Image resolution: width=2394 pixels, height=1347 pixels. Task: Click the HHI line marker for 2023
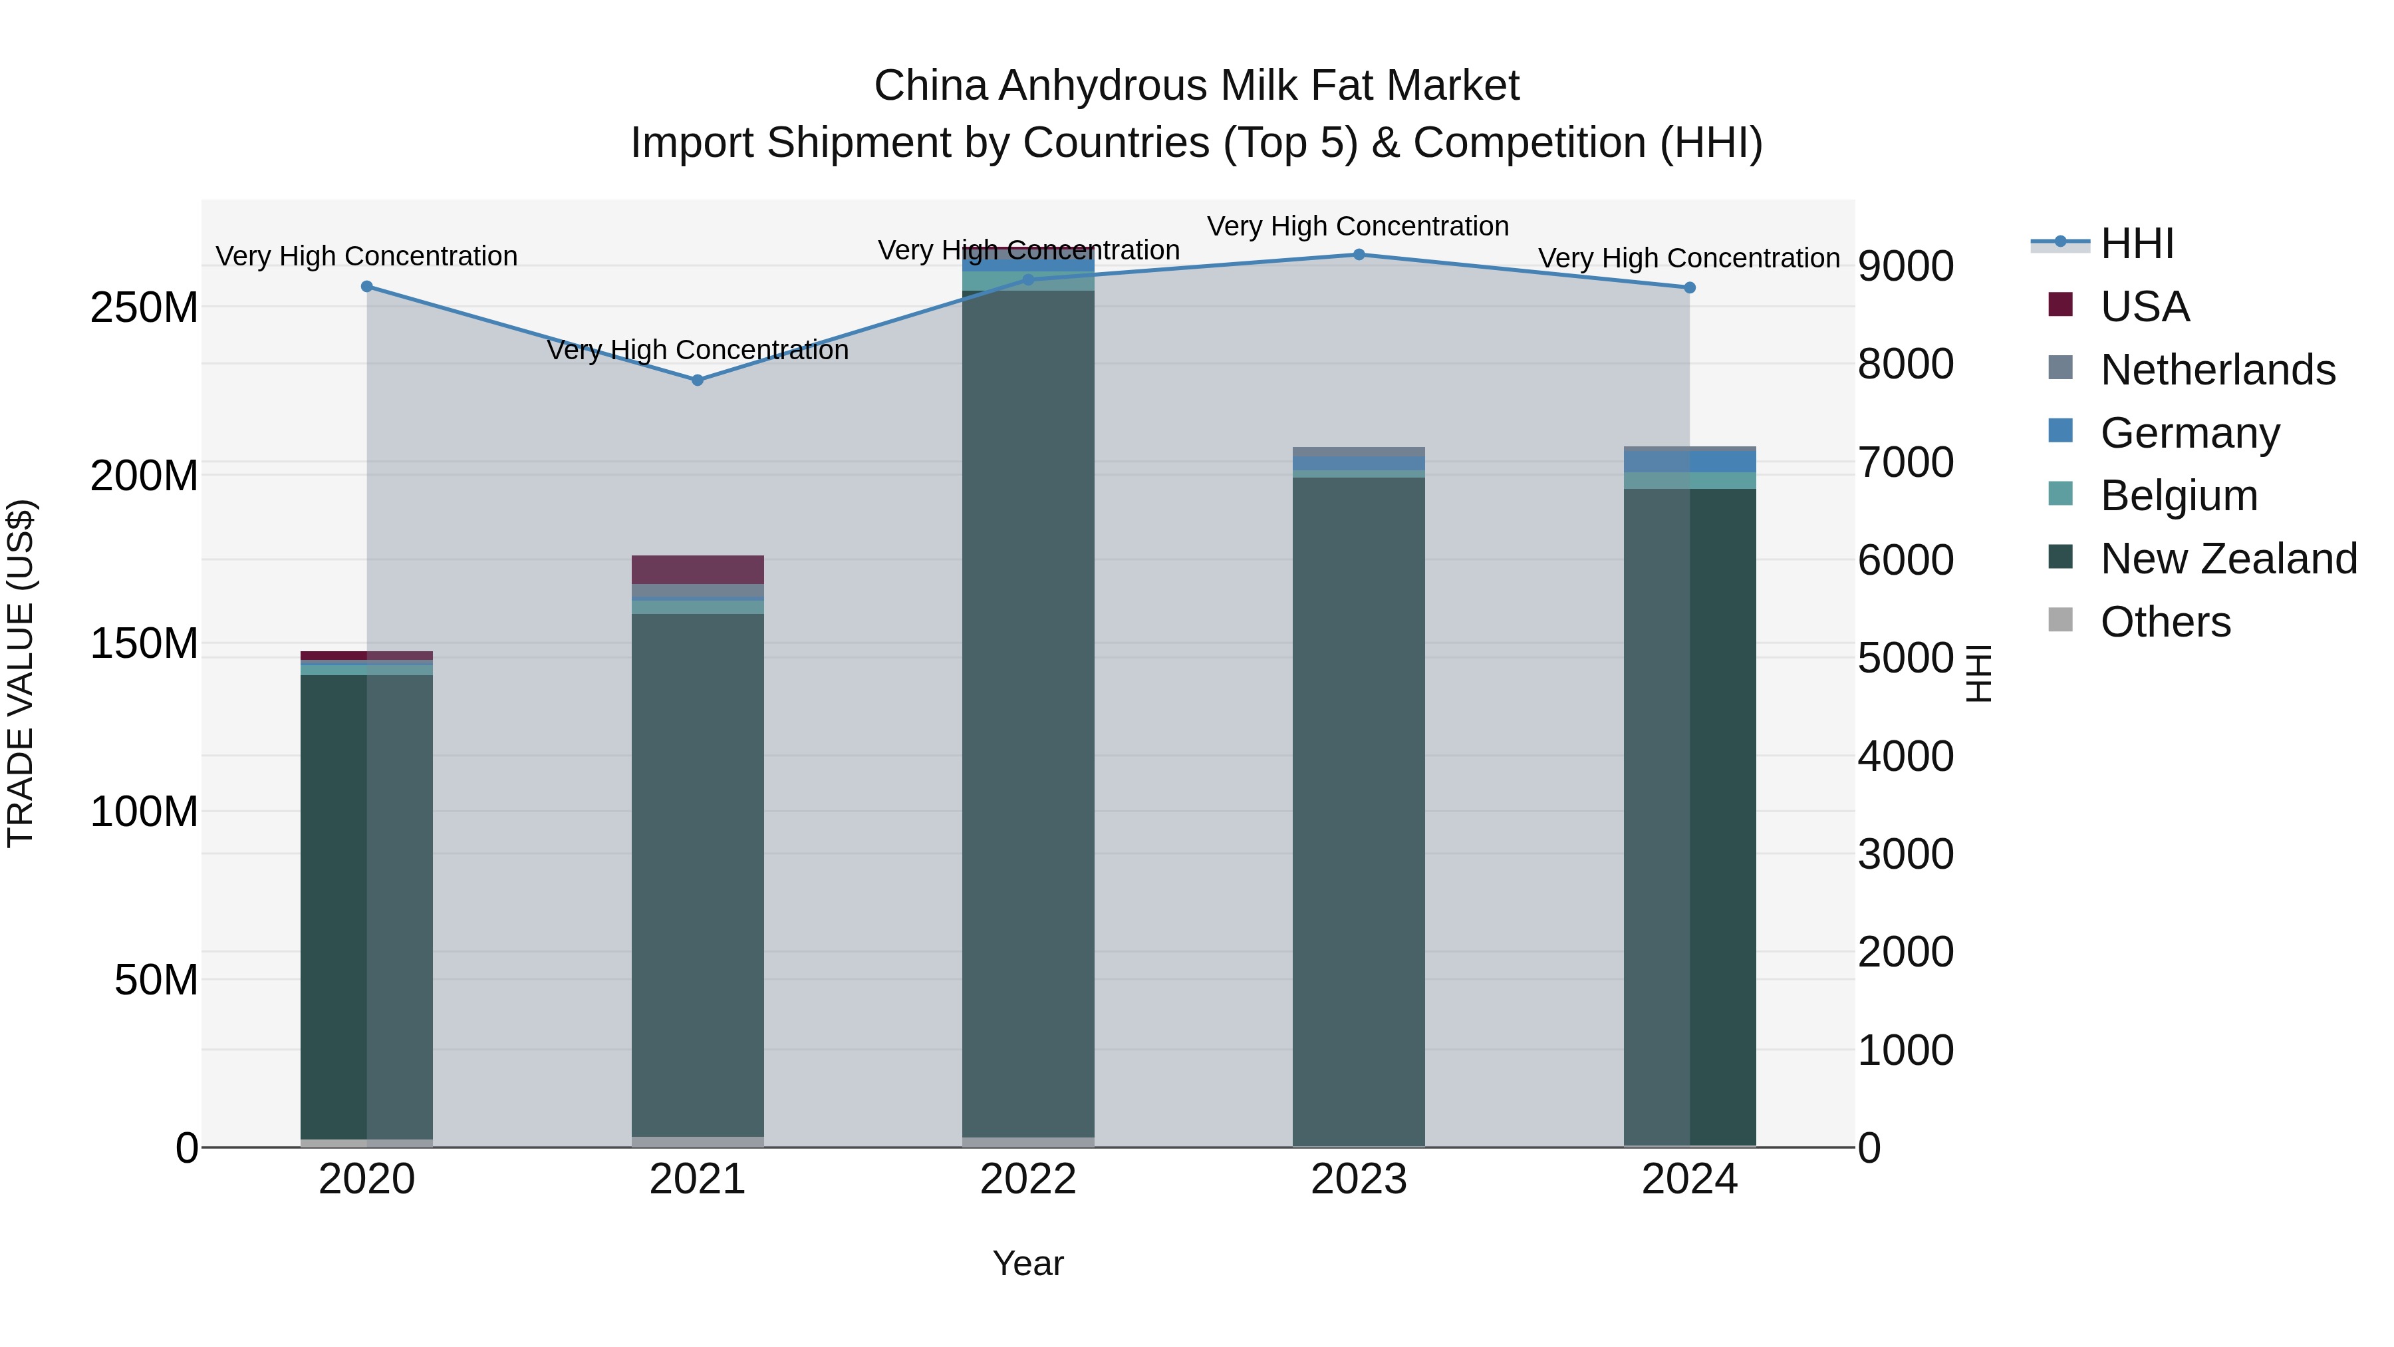(x=1359, y=255)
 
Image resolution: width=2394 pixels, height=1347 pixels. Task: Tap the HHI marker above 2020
(x=366, y=286)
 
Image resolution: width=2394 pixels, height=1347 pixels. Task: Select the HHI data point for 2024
(x=1690, y=288)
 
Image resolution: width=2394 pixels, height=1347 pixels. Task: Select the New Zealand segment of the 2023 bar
(x=1359, y=809)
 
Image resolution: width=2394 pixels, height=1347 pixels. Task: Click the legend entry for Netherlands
(x=2216, y=370)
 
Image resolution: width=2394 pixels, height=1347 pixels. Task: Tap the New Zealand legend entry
(x=2228, y=559)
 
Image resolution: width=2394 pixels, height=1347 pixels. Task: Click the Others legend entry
(x=2165, y=622)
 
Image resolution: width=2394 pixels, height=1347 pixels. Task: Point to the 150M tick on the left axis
(x=144, y=643)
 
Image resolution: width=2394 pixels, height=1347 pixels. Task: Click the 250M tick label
(x=144, y=308)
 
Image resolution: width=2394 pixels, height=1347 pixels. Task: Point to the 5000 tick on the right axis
(x=1905, y=658)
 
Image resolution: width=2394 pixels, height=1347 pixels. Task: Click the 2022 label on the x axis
(x=1028, y=1179)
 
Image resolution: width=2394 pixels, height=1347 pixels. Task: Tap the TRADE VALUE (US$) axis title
(x=21, y=673)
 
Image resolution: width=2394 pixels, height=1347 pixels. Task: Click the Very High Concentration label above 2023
(x=1358, y=226)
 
